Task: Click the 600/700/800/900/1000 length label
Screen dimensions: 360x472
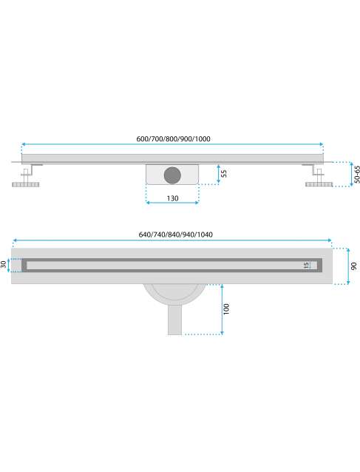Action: pyautogui.click(x=173, y=139)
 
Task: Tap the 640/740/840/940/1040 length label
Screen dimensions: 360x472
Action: pyautogui.click(x=176, y=235)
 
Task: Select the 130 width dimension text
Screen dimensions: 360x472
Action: pyautogui.click(x=172, y=198)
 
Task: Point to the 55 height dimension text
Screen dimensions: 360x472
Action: pyautogui.click(x=224, y=174)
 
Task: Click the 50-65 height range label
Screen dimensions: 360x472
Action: pyautogui.click(x=357, y=175)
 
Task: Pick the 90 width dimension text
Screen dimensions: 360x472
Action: pyautogui.click(x=353, y=266)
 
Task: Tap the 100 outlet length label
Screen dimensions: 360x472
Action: pyautogui.click(x=226, y=309)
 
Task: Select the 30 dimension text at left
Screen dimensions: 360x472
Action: pyautogui.click(x=3, y=265)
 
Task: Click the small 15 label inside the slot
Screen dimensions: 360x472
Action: pyautogui.click(x=306, y=265)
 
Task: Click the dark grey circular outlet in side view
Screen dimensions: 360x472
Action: pyautogui.click(x=172, y=175)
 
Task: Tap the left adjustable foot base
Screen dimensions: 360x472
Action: pyautogui.click(x=26, y=184)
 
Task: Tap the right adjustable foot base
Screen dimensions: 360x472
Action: pyautogui.click(x=319, y=184)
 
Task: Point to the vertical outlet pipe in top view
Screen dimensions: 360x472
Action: pyautogui.click(x=174, y=320)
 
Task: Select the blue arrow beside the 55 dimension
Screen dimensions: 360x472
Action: pyautogui.click(x=219, y=175)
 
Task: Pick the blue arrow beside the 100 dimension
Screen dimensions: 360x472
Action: pyautogui.click(x=222, y=309)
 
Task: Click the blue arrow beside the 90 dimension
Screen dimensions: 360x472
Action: pyautogui.click(x=348, y=266)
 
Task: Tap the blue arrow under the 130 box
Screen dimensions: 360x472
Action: pyautogui.click(x=172, y=203)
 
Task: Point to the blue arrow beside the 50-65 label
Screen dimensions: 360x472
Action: pyautogui.click(x=351, y=175)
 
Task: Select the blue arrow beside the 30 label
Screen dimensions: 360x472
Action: pyautogui.click(x=9, y=265)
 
